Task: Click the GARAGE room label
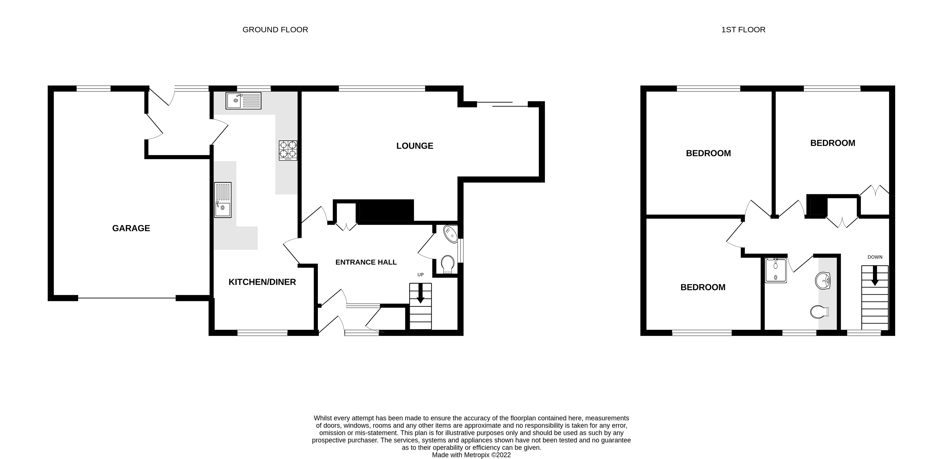click(x=131, y=228)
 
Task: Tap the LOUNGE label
click(x=414, y=146)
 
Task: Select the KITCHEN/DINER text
click(x=262, y=282)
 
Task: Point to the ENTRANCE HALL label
click(x=366, y=262)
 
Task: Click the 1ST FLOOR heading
click(x=743, y=30)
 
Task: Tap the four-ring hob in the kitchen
click(x=288, y=150)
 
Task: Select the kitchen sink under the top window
click(x=243, y=100)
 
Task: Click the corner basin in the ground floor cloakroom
click(x=451, y=234)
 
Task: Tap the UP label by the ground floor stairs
click(x=420, y=275)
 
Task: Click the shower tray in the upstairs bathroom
click(x=775, y=271)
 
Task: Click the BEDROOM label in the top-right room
click(x=832, y=143)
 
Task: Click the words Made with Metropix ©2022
click(x=471, y=455)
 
